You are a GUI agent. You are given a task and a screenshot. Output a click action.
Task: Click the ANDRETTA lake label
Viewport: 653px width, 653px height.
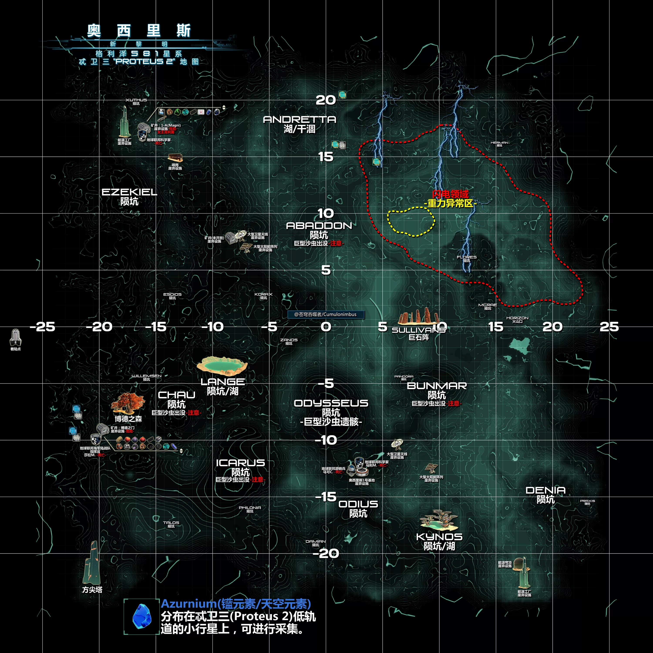click(300, 120)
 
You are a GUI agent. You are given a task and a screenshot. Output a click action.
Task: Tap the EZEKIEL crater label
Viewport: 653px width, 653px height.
click(130, 192)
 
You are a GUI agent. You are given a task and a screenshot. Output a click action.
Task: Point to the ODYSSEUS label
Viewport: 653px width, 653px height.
click(331, 403)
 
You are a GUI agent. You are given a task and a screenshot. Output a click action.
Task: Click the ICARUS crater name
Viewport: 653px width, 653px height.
click(240, 463)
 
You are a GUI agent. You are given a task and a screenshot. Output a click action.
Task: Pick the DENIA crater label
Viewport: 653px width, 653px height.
click(545, 490)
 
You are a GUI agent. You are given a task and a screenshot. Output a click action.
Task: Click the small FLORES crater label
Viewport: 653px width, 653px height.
click(467, 257)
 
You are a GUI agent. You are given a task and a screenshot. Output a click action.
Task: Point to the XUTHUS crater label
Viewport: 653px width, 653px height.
click(136, 100)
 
